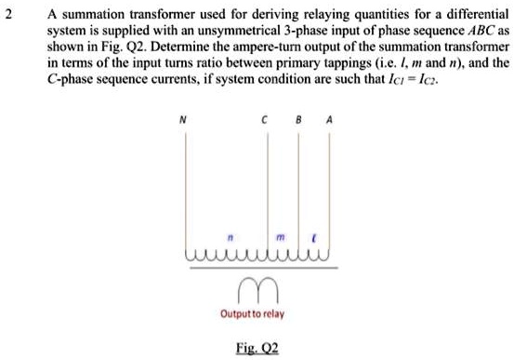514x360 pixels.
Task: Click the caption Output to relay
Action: click(x=251, y=314)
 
